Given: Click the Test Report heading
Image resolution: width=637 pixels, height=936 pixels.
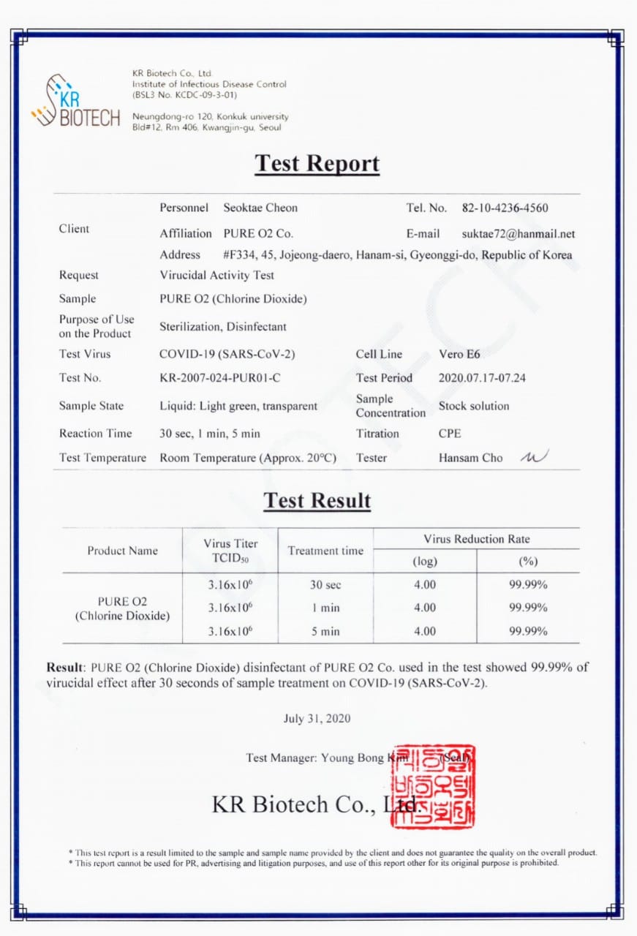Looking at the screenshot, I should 317,163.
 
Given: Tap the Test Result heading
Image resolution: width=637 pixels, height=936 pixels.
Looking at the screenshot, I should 317,501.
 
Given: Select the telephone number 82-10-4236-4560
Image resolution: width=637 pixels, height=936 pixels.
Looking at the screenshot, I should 505,208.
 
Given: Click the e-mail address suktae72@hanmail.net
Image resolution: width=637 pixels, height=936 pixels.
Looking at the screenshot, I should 519,234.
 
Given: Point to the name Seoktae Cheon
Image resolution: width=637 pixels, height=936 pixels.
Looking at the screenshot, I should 260,208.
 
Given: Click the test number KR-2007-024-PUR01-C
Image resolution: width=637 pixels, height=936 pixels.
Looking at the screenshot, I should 220,378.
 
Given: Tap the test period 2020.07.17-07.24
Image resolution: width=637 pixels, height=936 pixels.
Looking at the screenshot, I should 482,378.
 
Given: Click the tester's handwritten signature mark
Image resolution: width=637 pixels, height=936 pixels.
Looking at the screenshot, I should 534,457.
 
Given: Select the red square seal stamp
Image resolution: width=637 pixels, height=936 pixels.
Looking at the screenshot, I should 433,786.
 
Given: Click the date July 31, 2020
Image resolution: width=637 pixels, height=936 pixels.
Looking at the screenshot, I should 317,718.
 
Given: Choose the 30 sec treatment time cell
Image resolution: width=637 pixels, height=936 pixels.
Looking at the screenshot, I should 325,585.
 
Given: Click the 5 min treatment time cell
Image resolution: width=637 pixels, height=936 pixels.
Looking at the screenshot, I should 325,631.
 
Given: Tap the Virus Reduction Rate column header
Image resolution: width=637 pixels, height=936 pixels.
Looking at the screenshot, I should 476,539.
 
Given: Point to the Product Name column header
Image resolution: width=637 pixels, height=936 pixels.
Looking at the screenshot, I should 122,551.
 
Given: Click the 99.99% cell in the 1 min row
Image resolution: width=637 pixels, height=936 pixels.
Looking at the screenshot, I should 528,608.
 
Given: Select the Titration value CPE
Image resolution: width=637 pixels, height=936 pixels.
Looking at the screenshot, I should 450,434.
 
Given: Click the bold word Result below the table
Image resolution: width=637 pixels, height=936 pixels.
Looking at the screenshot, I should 64,667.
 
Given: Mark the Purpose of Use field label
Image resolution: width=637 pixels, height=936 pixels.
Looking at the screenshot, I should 97,326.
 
